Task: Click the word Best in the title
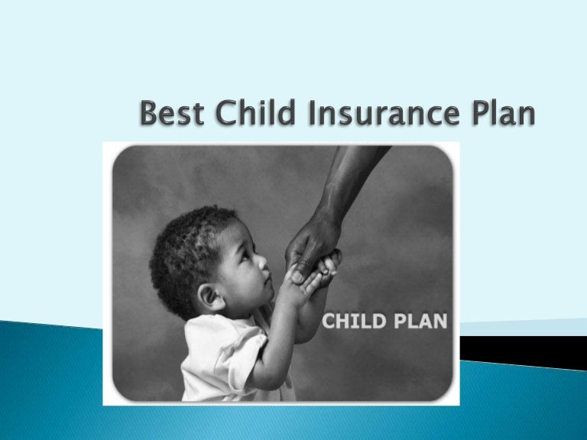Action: click(x=171, y=117)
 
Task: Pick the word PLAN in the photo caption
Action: click(x=416, y=321)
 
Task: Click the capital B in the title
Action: click(x=151, y=117)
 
